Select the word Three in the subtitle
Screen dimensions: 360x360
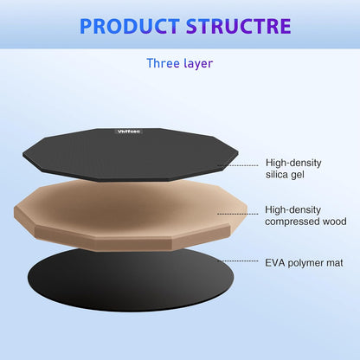coord(164,62)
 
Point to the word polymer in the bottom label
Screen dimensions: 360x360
coord(307,260)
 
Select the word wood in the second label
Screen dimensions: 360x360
coord(331,222)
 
